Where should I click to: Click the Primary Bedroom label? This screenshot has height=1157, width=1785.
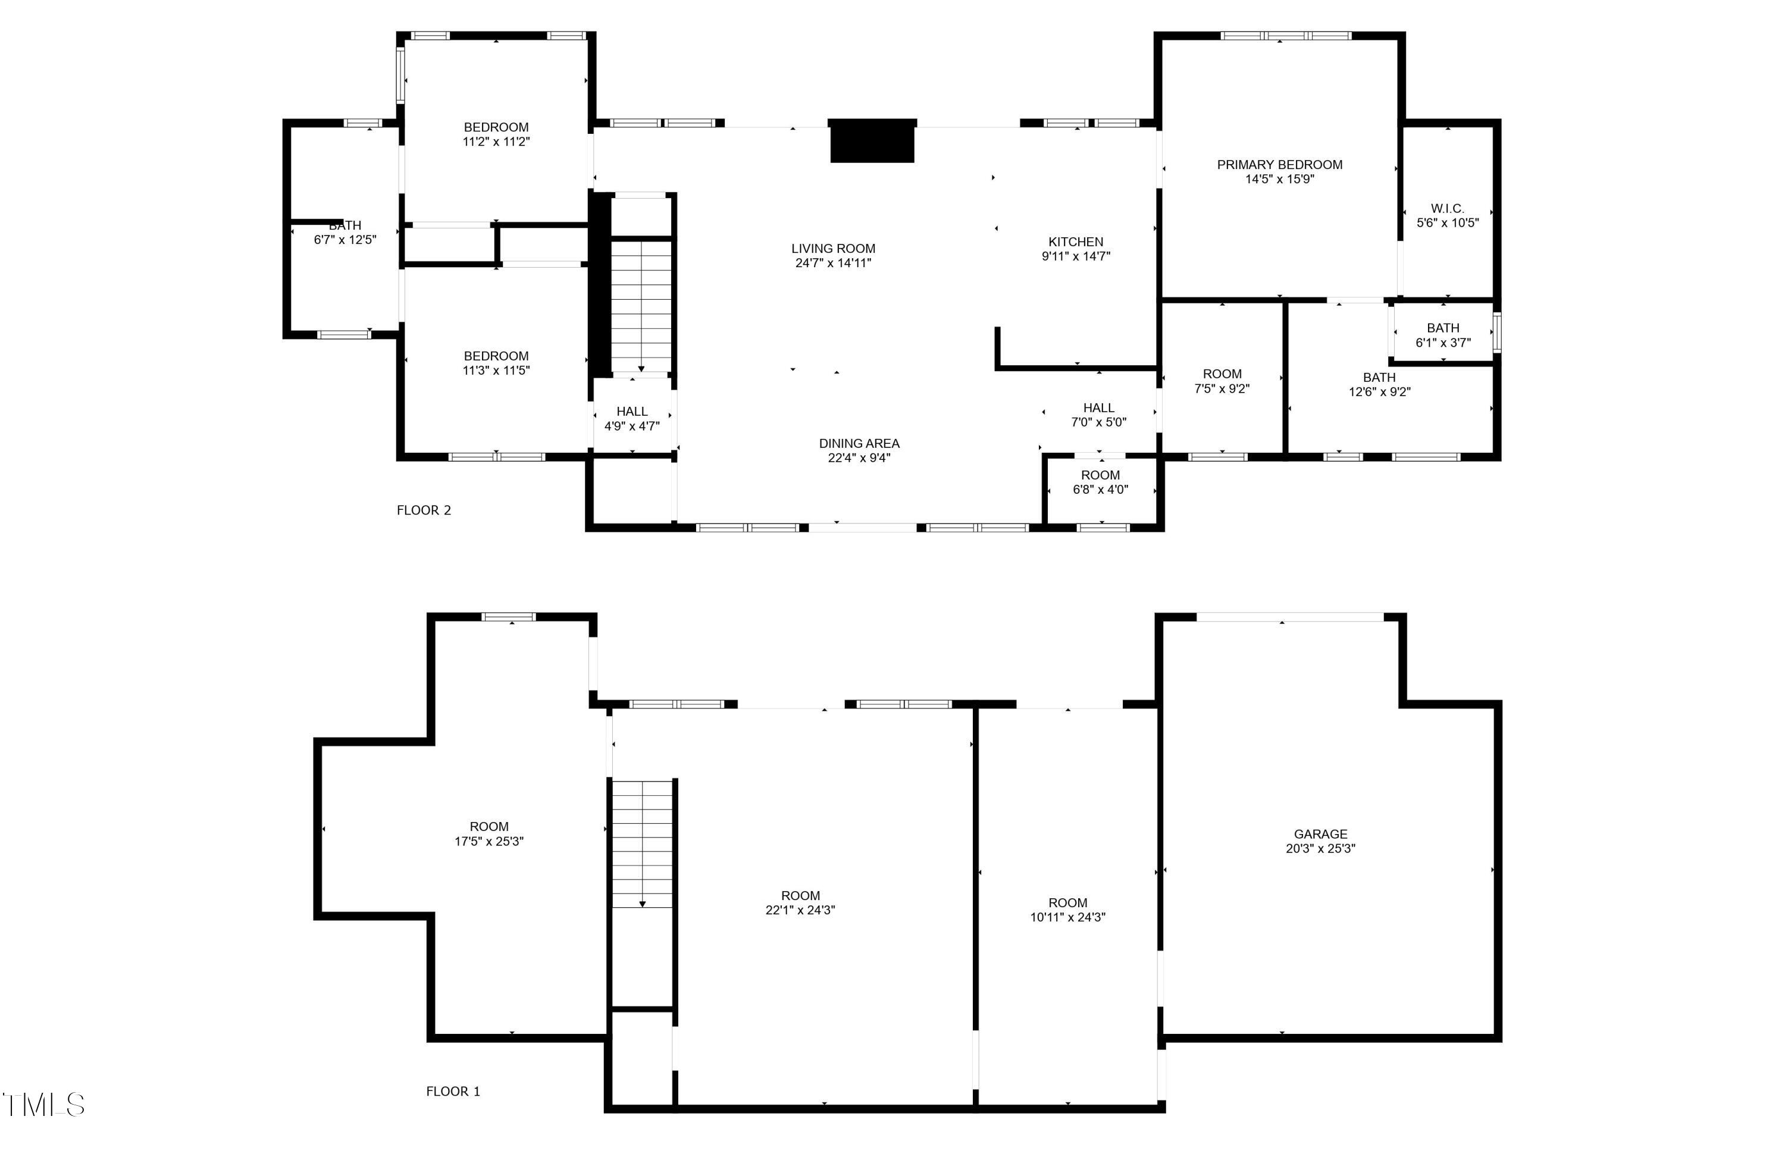tap(1279, 164)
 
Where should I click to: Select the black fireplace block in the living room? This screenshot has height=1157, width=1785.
tap(872, 141)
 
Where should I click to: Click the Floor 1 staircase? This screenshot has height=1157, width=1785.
tap(642, 843)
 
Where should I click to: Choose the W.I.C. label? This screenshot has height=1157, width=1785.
tap(1448, 208)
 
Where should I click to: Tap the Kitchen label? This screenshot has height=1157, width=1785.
tap(1076, 242)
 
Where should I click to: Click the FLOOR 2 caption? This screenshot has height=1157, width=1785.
tap(424, 510)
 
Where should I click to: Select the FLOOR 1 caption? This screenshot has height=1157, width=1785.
tap(453, 1091)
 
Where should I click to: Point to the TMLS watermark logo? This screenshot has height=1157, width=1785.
tap(43, 1105)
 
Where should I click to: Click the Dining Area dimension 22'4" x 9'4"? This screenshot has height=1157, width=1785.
tap(859, 457)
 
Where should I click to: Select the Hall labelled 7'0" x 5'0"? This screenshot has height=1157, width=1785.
tap(1099, 415)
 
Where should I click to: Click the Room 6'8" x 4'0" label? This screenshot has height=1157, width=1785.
tap(1100, 482)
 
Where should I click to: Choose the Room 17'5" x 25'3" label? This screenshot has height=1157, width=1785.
tap(489, 833)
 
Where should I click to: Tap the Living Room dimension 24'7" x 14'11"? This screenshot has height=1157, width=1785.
tap(833, 262)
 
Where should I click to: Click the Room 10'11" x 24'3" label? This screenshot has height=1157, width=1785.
tap(1067, 910)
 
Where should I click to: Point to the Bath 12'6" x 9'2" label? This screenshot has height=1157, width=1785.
tap(1379, 384)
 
